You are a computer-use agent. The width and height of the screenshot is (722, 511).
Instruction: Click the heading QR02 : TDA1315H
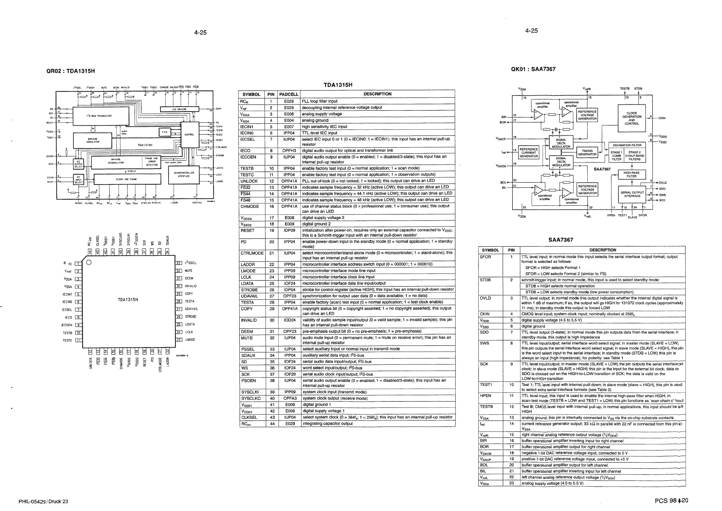click(x=70, y=71)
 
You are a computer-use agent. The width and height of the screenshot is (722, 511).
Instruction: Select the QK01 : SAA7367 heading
click(x=533, y=69)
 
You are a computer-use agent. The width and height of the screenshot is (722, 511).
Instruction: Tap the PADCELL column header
click(x=288, y=94)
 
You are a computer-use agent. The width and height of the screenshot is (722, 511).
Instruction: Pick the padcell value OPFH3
click(x=289, y=151)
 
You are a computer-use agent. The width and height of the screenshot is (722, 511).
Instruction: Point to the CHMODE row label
click(x=250, y=206)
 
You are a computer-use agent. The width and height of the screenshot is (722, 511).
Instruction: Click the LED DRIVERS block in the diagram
click(x=179, y=109)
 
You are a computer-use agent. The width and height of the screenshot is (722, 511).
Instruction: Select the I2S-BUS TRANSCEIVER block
click(x=101, y=116)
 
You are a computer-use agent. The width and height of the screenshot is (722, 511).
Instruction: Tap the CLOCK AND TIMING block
click(x=127, y=179)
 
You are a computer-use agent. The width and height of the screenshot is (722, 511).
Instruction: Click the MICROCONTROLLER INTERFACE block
click(x=184, y=174)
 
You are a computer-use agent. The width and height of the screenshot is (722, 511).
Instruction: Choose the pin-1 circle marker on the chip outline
click(x=89, y=262)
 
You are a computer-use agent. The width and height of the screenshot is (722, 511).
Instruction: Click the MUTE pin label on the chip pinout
click(x=188, y=271)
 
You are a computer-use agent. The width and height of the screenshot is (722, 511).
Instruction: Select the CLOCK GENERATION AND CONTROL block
click(x=631, y=118)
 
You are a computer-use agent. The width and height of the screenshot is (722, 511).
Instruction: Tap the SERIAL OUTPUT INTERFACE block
click(x=632, y=194)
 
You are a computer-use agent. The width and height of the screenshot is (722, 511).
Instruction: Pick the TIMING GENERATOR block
click(x=587, y=153)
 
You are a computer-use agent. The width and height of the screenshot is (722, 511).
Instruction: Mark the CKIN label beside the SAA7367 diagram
click(x=662, y=118)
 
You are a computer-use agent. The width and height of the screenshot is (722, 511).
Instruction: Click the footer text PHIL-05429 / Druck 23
click(x=43, y=502)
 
